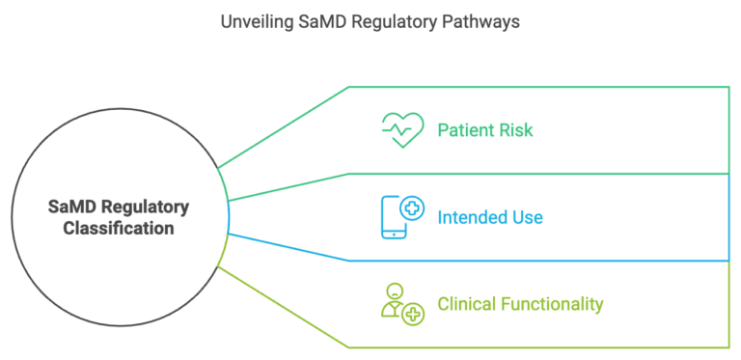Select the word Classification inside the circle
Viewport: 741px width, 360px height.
point(120,229)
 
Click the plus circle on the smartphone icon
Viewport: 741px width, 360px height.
point(412,206)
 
